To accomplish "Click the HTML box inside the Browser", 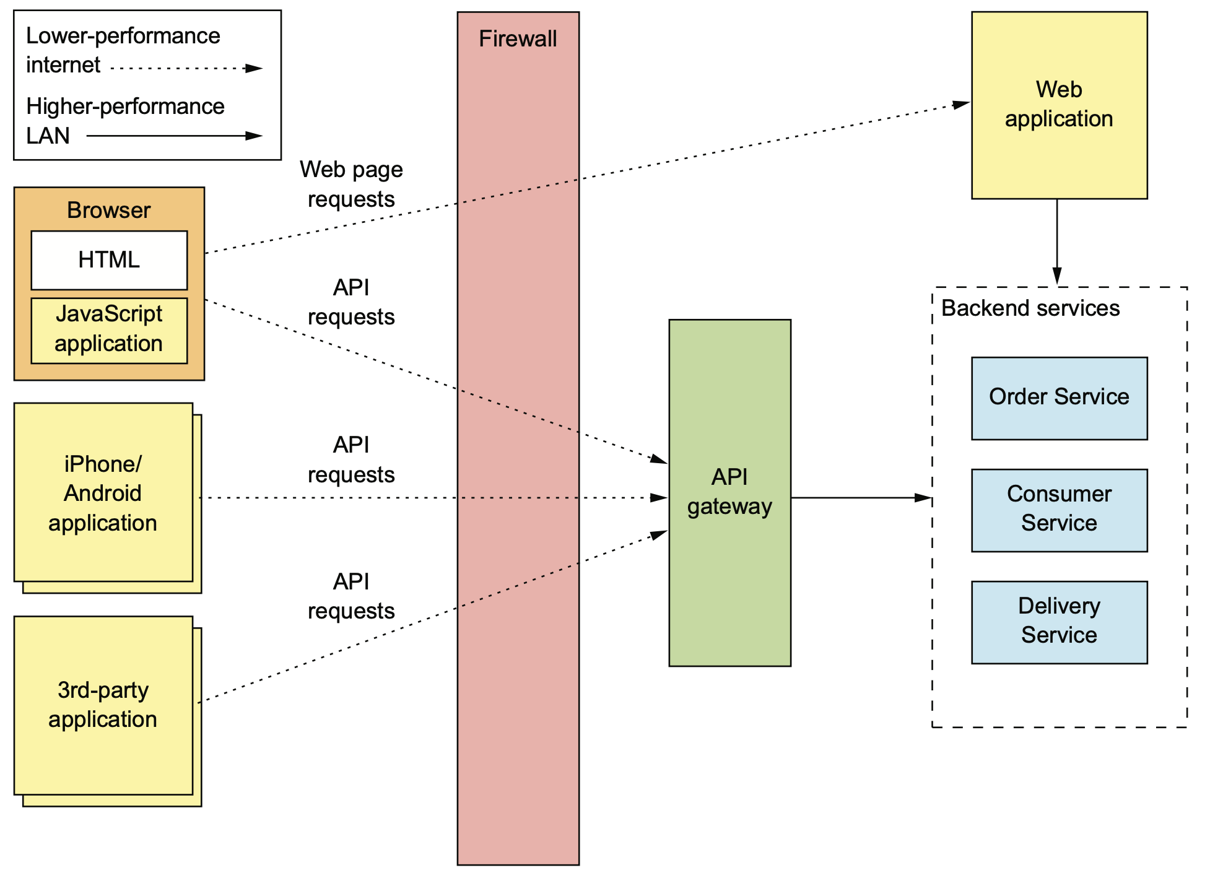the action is coord(109,260).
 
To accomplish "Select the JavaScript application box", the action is coord(109,331).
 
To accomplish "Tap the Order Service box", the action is coord(1059,398).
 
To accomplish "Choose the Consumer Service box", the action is coord(1059,510).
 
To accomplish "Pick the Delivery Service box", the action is coord(1059,622).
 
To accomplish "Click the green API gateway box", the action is coord(729,493).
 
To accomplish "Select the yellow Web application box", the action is coord(1059,105).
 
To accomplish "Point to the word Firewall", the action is coord(518,39).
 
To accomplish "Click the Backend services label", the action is coord(1030,308).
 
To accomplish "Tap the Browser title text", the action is coord(109,211).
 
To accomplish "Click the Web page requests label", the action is coord(351,184).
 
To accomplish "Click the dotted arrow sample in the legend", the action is coord(186,68).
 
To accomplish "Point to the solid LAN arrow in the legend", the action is coord(175,136).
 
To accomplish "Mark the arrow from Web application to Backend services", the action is coord(1057,242).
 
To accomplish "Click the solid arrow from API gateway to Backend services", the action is coord(861,497).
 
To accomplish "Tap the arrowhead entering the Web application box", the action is coord(962,105).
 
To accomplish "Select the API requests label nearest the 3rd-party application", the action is coord(351,596).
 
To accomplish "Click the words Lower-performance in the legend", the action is coord(123,36).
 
